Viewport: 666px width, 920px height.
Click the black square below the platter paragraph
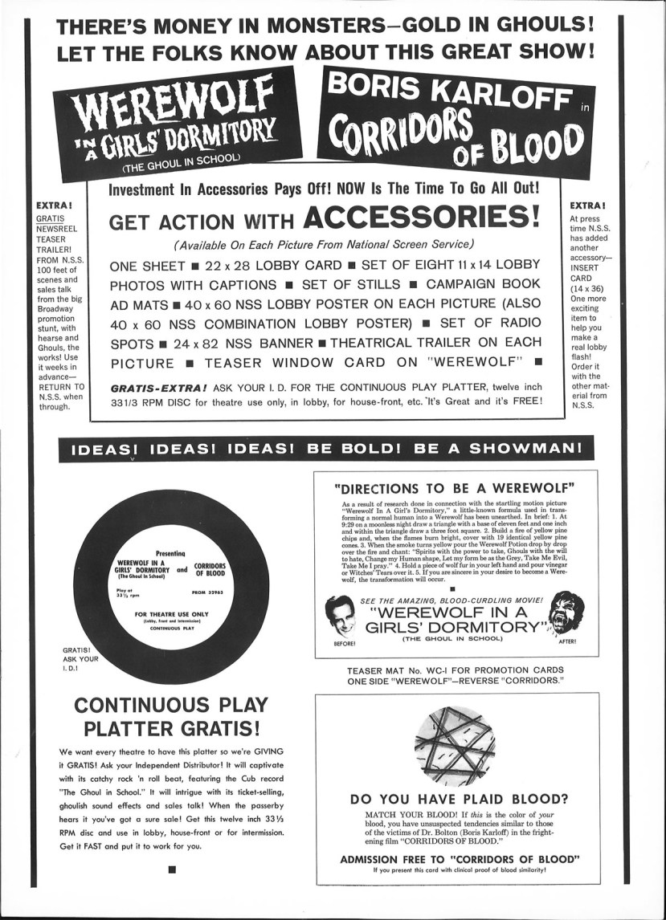coord(171,867)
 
